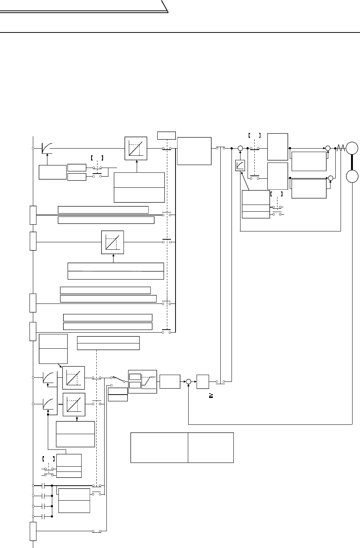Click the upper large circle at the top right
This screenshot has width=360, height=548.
(x=352, y=149)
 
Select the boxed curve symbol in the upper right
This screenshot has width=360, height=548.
(x=240, y=165)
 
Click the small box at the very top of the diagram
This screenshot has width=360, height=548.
(x=166, y=135)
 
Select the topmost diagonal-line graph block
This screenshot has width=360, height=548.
(x=136, y=148)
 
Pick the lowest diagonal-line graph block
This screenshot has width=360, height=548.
(x=74, y=404)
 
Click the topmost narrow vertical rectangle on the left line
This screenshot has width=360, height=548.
(x=33, y=215)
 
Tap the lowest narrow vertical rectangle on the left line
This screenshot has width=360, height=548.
(x=33, y=531)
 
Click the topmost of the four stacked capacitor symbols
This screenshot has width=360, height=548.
(x=44, y=486)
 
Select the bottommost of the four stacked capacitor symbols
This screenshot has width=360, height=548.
(x=44, y=516)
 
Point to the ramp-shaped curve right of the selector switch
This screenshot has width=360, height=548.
(x=149, y=381)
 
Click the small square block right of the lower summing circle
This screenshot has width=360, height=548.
(x=203, y=382)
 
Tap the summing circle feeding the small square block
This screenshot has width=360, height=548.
(x=189, y=382)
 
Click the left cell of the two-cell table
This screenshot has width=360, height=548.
(x=159, y=448)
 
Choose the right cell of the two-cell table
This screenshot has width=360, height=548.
(x=211, y=448)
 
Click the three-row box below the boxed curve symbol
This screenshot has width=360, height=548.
(x=256, y=204)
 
